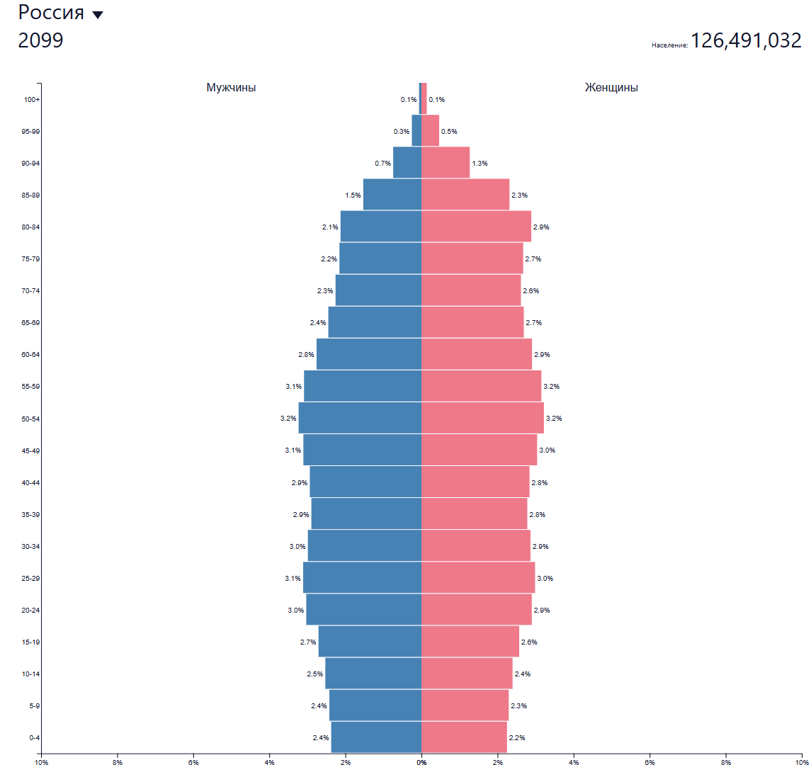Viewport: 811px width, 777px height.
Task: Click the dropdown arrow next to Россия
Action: click(x=98, y=15)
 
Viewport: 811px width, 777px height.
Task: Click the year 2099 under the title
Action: click(x=40, y=40)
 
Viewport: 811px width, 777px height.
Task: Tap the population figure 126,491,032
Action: click(x=746, y=40)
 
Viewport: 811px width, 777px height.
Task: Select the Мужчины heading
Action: click(x=231, y=88)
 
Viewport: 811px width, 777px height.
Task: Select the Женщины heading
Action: click(x=611, y=88)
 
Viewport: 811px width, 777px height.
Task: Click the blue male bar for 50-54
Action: click(x=360, y=418)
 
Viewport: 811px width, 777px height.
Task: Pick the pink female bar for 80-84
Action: click(x=476, y=227)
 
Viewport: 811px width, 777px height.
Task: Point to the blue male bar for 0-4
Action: click(x=376, y=737)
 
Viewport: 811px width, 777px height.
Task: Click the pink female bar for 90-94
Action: click(x=446, y=163)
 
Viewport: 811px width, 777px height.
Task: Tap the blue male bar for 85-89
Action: click(x=392, y=195)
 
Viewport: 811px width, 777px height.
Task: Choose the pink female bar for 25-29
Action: click(x=478, y=578)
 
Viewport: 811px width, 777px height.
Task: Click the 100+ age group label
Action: click(x=32, y=99)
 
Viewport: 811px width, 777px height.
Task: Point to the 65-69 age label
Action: click(x=30, y=322)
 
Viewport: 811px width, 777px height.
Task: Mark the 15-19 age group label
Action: click(x=30, y=642)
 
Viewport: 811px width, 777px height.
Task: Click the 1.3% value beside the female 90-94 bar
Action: click(x=480, y=164)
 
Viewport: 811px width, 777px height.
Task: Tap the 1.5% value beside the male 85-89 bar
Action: click(x=353, y=195)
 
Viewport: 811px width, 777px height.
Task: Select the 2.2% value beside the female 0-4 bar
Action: click(x=517, y=738)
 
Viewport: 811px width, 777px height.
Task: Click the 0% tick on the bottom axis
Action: click(x=421, y=763)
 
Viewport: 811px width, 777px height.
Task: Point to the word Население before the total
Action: click(x=669, y=45)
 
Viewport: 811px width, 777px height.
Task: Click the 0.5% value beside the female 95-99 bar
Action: click(x=449, y=132)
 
